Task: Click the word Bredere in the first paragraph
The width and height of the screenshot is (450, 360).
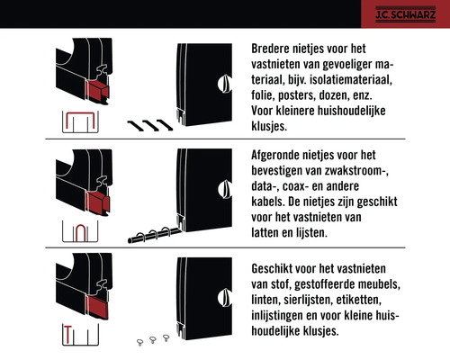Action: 274,49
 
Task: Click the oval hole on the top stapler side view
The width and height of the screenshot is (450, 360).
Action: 224,84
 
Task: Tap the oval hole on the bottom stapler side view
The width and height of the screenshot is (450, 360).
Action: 224,297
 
